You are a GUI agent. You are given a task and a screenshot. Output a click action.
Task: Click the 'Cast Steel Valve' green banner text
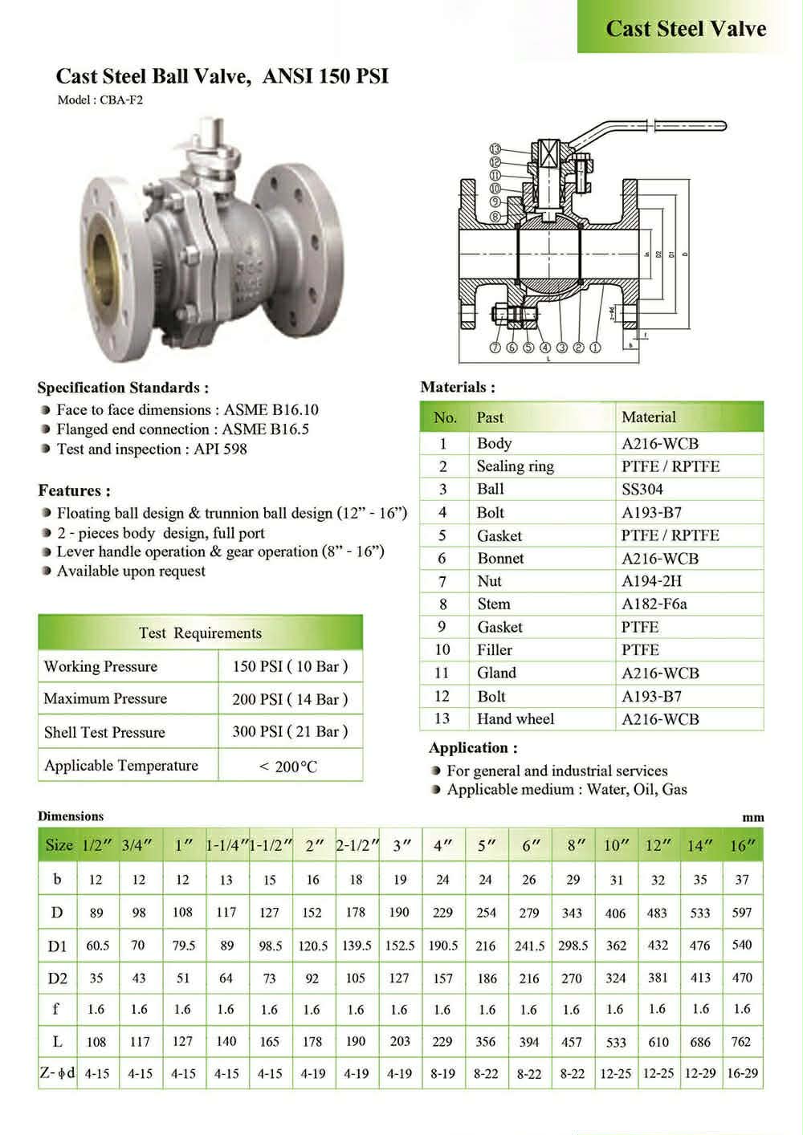[x=686, y=29]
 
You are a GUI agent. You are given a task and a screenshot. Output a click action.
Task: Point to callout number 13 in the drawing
[x=495, y=148]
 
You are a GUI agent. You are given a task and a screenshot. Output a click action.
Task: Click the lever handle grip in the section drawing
[x=691, y=126]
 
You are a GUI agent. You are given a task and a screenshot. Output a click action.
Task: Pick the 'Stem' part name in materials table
[x=493, y=604]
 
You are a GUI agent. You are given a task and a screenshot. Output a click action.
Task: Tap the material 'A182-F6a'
[x=654, y=604]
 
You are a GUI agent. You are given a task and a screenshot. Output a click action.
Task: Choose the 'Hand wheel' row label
[x=515, y=718]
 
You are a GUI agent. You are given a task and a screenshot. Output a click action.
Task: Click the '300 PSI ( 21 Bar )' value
[x=290, y=731]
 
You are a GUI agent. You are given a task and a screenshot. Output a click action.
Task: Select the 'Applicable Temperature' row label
[x=121, y=765]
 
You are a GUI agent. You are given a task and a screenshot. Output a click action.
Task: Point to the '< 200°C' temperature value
[x=288, y=767]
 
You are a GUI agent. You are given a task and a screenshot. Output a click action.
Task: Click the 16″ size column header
[x=743, y=845]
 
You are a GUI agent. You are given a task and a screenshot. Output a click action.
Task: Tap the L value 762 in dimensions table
[x=741, y=1042]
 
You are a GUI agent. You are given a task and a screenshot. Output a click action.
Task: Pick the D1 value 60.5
[x=98, y=946]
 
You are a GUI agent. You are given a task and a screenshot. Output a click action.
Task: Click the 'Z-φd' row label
[x=57, y=1073]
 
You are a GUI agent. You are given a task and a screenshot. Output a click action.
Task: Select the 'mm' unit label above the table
[x=753, y=817]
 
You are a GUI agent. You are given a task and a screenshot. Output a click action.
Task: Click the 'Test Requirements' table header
[x=200, y=633]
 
